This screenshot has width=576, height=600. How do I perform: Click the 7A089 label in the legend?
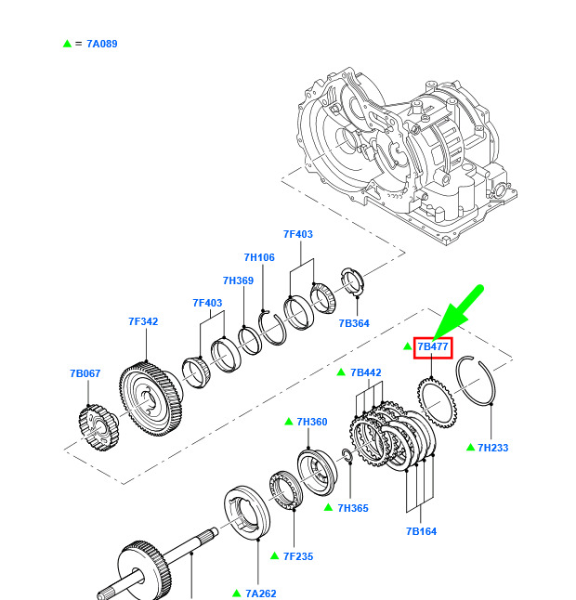click(x=101, y=44)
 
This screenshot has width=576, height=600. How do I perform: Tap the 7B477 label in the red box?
click(x=433, y=347)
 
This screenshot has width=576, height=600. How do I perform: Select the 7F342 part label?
click(x=143, y=322)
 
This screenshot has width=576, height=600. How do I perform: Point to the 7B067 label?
click(x=85, y=373)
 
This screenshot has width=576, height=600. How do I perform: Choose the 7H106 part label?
click(x=259, y=257)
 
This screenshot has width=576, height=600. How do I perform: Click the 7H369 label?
click(x=238, y=280)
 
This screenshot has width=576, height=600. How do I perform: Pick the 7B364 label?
click(x=355, y=323)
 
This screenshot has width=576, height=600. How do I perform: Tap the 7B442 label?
click(x=365, y=372)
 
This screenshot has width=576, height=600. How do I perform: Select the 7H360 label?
click(x=311, y=422)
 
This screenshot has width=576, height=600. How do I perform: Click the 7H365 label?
click(x=354, y=508)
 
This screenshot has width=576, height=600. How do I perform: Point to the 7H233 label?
click(x=492, y=448)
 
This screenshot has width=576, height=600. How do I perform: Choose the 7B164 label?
click(x=421, y=531)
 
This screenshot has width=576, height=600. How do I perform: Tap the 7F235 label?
click(x=297, y=556)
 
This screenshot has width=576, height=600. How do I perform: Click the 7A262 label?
click(x=260, y=593)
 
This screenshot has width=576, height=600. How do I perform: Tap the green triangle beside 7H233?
click(x=471, y=447)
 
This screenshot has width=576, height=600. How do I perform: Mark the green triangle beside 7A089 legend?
click(x=67, y=44)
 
